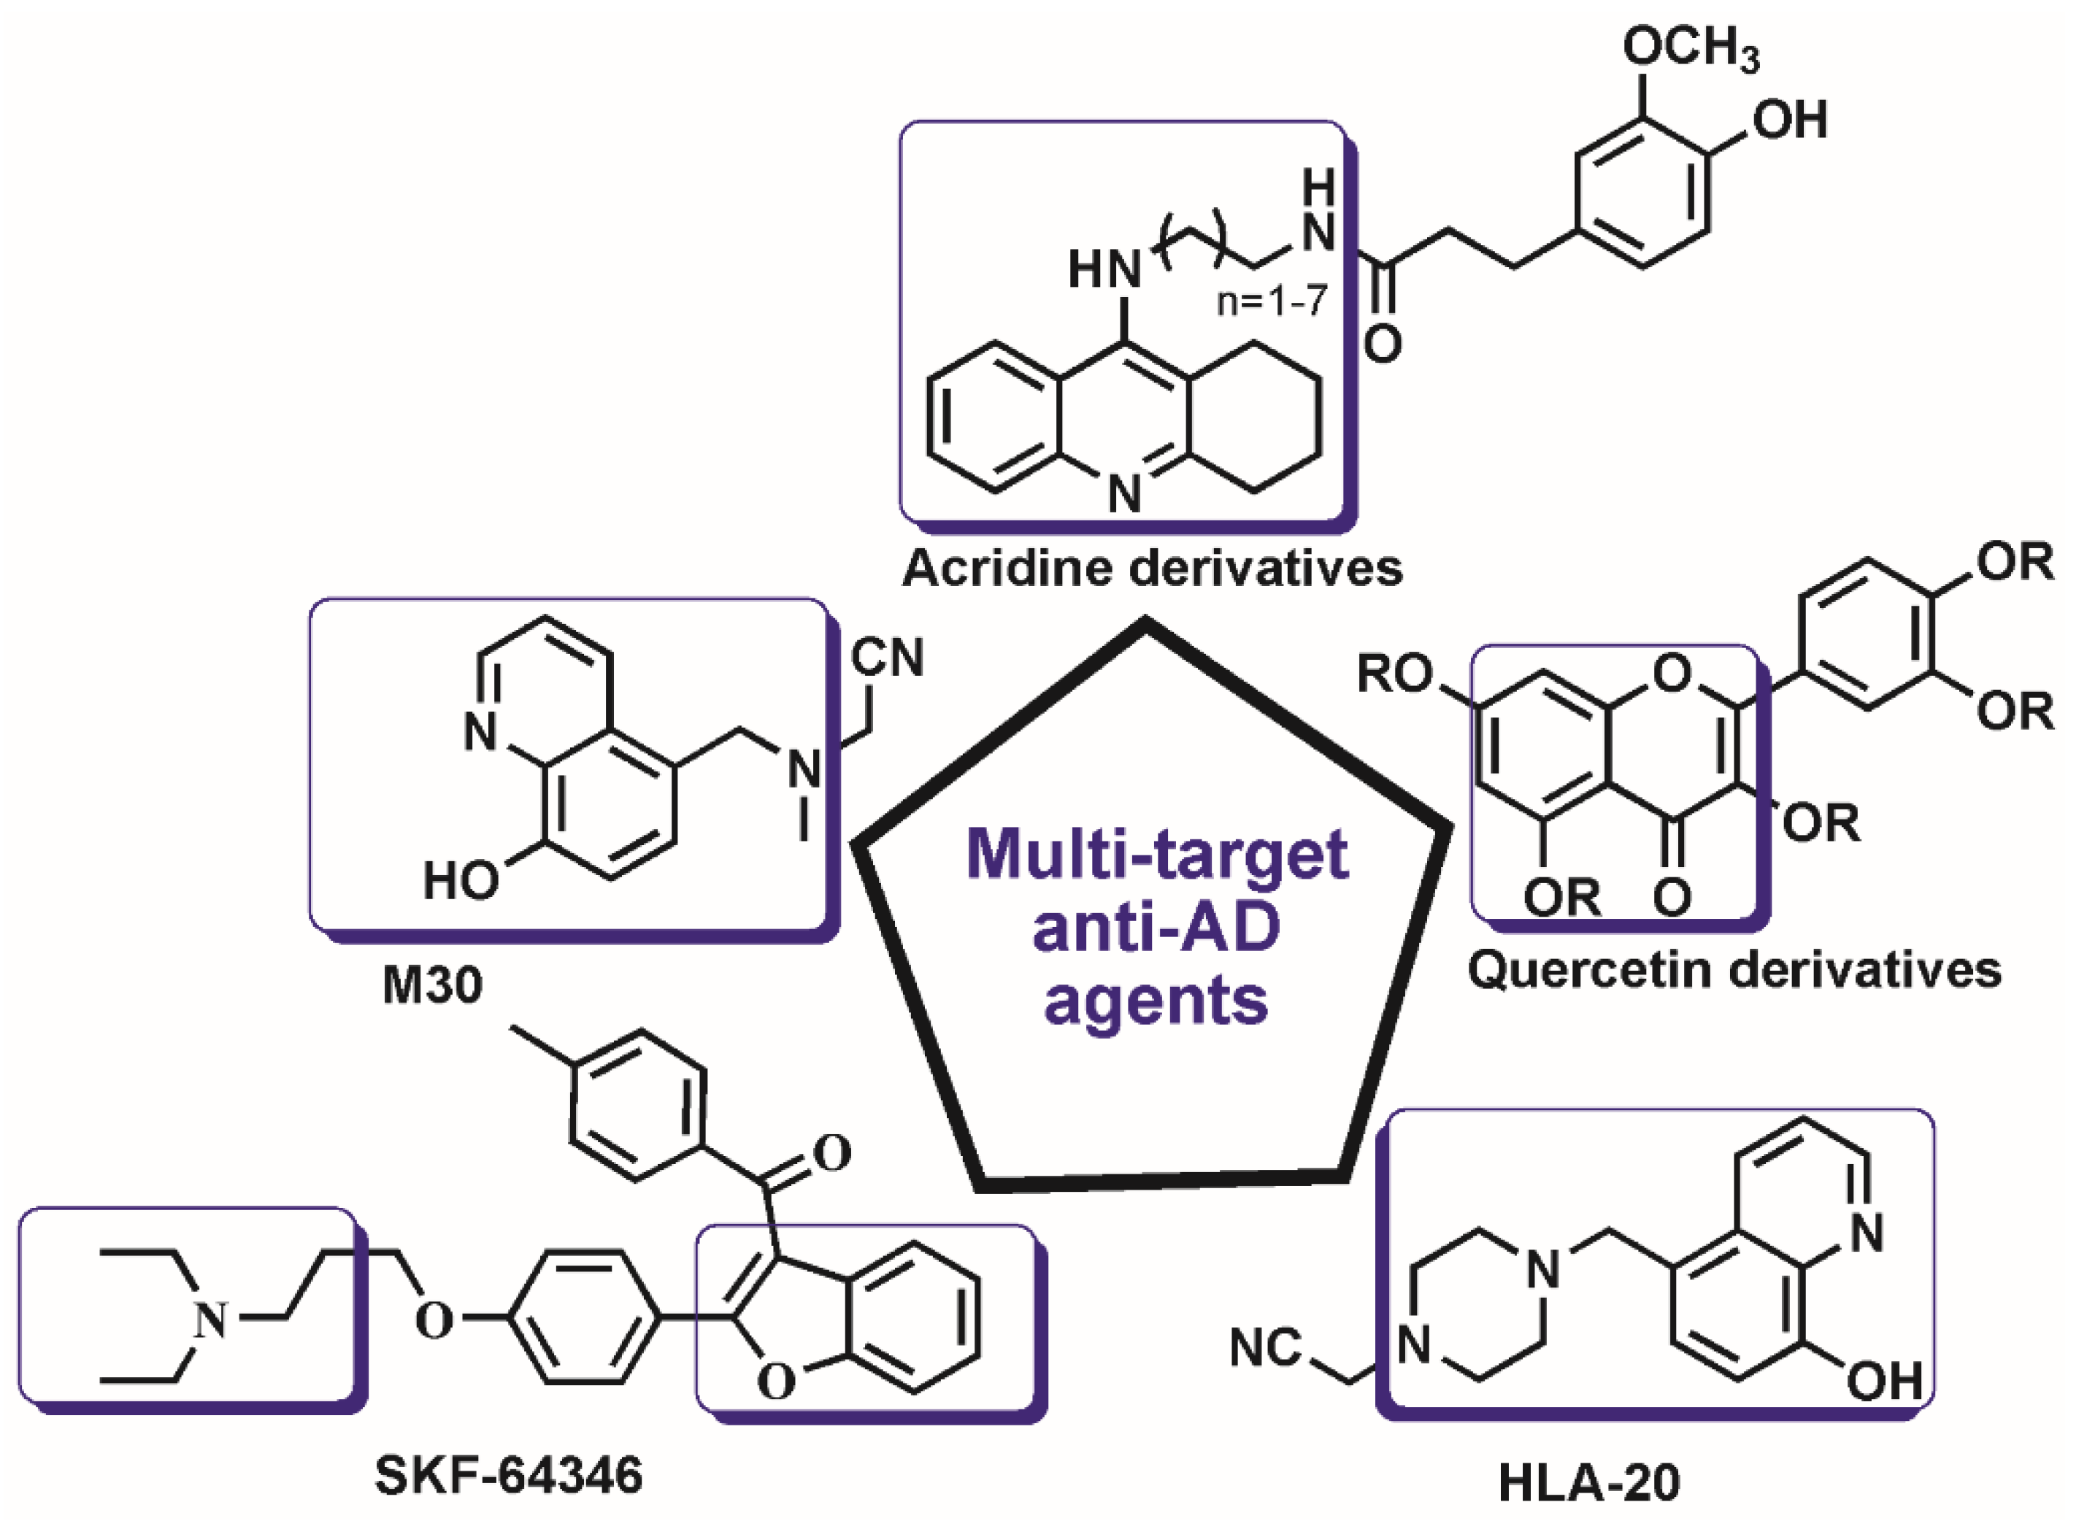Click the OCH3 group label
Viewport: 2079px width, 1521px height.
tap(1691, 48)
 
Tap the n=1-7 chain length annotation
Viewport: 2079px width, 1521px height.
tap(1273, 301)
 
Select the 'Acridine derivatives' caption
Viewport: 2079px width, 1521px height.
tap(1152, 568)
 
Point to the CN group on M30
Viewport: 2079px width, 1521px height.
tap(887, 658)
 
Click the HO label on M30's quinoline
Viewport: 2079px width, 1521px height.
tap(461, 881)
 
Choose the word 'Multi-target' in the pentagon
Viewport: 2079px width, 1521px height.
tap(1157, 855)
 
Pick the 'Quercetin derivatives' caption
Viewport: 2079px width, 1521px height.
tap(1734, 969)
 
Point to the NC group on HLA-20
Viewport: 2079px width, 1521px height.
tap(1266, 1348)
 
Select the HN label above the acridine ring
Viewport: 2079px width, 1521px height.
tap(1104, 270)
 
